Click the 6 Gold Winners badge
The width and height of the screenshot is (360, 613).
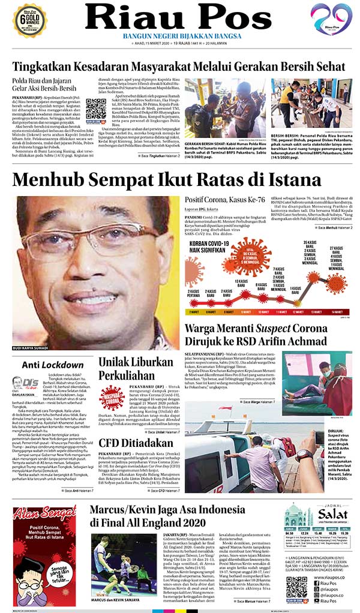[x=29, y=19]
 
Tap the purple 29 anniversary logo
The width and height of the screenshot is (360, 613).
[x=331, y=19]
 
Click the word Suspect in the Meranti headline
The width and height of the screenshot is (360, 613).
[x=280, y=329]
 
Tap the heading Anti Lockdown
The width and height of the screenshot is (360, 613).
[x=52, y=365]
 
